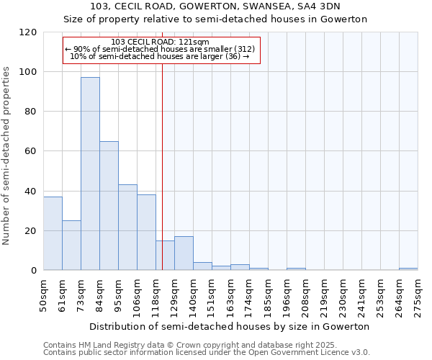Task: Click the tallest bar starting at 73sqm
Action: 90,174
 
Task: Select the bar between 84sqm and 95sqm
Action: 109,206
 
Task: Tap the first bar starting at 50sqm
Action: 53,233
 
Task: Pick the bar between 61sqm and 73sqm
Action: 71,246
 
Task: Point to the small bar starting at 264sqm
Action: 408,269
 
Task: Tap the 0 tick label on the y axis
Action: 34,271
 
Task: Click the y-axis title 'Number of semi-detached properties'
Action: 7,151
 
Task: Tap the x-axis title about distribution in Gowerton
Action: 230,326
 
